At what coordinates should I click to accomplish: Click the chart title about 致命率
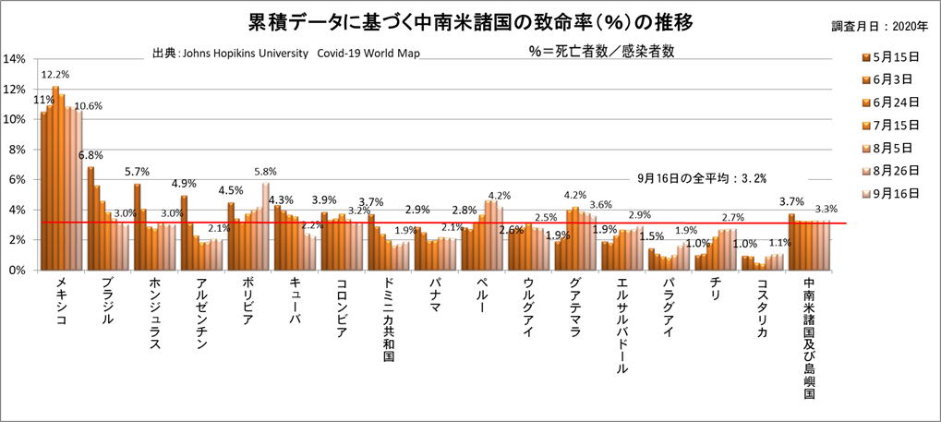coord(470,20)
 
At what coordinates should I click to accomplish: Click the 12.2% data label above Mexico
coord(55,74)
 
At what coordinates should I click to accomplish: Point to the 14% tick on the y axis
coord(14,59)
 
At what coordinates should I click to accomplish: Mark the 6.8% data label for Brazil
coord(90,155)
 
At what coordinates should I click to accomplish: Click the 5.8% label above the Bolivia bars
coord(264,171)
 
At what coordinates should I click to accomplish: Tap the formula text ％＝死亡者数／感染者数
coord(601,52)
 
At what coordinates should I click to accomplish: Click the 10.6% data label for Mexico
coord(88,105)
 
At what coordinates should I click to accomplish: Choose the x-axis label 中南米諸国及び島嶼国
coord(809,337)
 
